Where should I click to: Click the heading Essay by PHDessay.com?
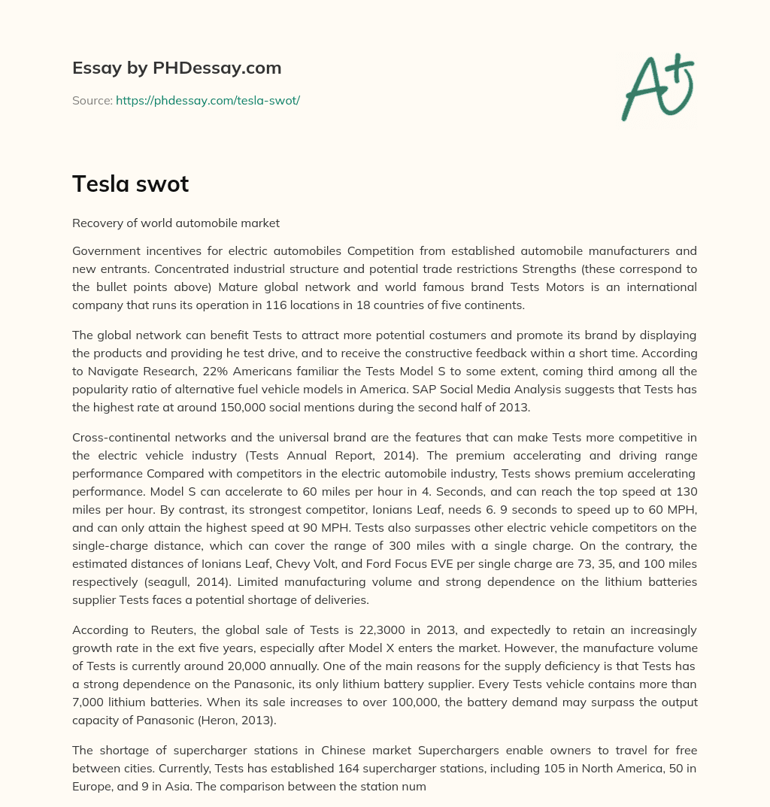[177, 68]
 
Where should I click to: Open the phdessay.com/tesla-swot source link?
[208, 100]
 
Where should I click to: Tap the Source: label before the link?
[92, 100]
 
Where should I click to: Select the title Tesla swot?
[130, 184]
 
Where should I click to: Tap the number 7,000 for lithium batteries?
[90, 702]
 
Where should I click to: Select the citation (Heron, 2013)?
[236, 720]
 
